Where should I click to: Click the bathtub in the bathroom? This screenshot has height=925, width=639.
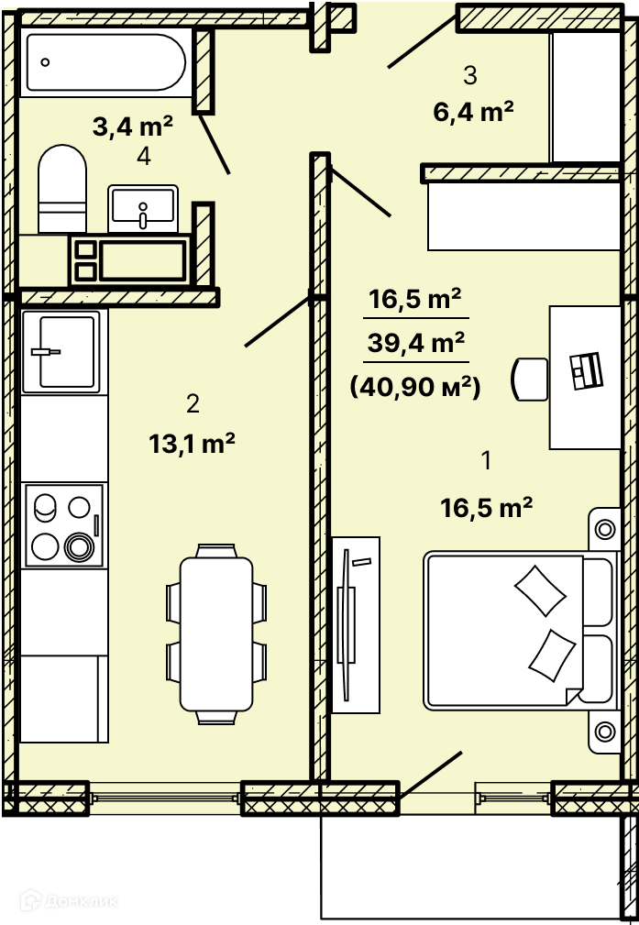click(x=106, y=62)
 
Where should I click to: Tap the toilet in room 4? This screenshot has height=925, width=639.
click(x=62, y=189)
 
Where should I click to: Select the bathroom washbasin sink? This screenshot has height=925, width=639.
click(x=143, y=208)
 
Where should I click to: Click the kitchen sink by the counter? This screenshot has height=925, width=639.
click(x=64, y=352)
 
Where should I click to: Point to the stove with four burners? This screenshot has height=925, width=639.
click(x=64, y=525)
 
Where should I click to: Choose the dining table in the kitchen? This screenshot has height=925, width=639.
click(x=216, y=633)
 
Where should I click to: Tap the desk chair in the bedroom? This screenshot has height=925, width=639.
click(x=530, y=379)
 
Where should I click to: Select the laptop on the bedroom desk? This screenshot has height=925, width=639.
click(x=586, y=370)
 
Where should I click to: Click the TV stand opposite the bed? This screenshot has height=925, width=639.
click(x=355, y=624)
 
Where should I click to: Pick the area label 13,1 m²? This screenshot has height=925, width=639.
click(x=193, y=444)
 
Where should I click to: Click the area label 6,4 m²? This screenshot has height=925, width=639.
click(x=473, y=111)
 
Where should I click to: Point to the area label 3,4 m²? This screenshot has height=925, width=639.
click(x=133, y=127)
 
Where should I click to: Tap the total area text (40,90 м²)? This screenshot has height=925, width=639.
click(x=415, y=388)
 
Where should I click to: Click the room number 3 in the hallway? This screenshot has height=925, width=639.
click(x=470, y=75)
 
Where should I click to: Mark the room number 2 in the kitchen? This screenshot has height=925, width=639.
click(x=193, y=404)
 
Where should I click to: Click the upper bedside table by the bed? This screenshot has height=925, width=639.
click(x=604, y=529)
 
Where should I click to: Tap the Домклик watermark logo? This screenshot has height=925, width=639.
click(x=69, y=901)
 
